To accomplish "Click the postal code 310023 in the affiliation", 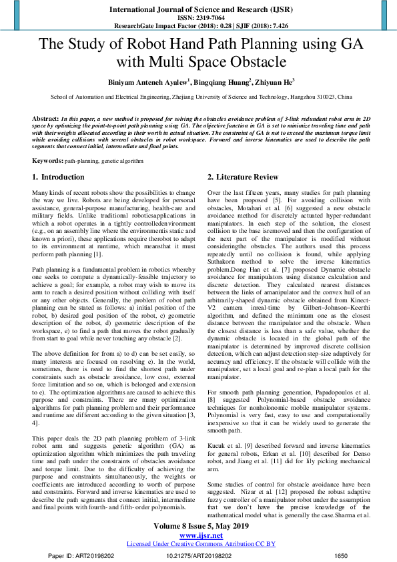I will (x=326, y=97).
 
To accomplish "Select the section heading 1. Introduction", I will (x=59, y=178).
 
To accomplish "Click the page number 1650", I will (x=340, y=555).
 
